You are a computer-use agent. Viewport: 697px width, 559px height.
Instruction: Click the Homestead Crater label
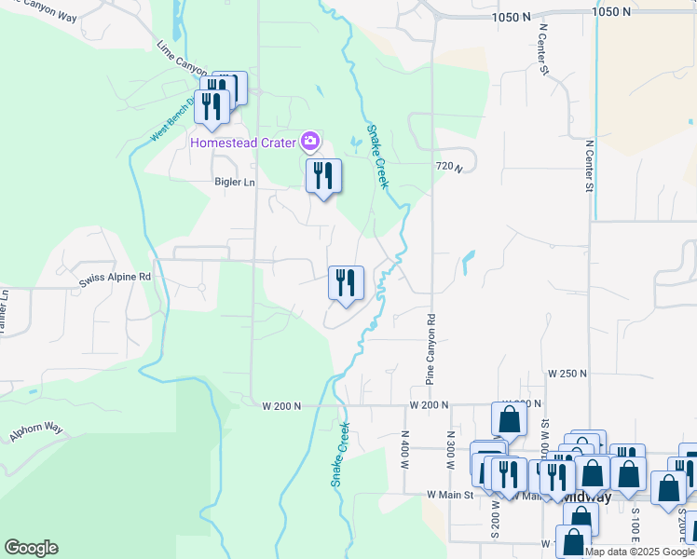coord(244,143)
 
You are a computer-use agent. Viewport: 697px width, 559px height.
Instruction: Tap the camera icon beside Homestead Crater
coord(310,143)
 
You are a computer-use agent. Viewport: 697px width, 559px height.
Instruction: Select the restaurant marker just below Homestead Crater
coord(323,177)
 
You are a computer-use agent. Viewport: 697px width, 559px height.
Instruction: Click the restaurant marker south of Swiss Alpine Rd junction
coord(346,284)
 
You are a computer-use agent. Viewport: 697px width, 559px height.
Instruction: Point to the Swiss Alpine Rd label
coord(114,278)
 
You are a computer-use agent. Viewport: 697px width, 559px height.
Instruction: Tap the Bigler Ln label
coord(234,183)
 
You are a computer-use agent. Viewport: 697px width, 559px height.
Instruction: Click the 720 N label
coord(448,166)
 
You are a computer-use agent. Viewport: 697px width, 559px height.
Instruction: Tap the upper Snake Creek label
coord(376,157)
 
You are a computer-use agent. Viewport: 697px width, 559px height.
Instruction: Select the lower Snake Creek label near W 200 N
coord(340,455)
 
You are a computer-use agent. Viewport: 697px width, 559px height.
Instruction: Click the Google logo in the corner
coord(31,548)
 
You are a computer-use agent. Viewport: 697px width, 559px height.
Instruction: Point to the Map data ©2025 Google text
coord(641,552)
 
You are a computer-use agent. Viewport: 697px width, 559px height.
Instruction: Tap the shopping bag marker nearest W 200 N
coord(509,420)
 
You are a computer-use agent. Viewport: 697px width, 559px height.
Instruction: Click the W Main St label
coord(450,494)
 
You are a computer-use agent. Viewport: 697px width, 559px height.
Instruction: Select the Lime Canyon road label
coord(181,58)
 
